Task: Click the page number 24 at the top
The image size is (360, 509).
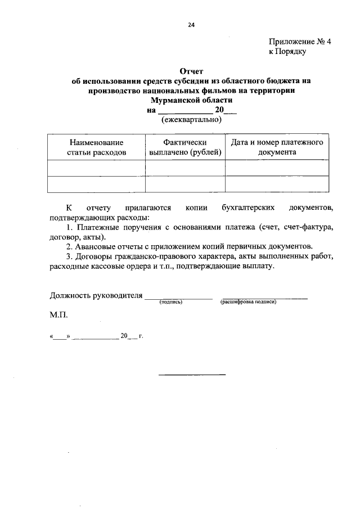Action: tap(191, 25)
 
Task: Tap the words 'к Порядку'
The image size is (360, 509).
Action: tap(287, 52)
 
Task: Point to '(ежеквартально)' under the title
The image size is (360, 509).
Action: tap(191, 120)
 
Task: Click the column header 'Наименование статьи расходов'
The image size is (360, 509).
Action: tap(97, 147)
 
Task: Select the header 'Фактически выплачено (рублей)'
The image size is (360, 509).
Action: tap(186, 147)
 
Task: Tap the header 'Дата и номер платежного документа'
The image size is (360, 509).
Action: tap(277, 147)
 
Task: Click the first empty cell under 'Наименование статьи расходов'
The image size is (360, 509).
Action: tap(97, 168)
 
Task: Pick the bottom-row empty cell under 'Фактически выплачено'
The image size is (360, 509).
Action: tap(186, 184)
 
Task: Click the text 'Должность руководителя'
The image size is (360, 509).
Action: tap(96, 295)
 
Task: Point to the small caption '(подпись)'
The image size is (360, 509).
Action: tap(172, 302)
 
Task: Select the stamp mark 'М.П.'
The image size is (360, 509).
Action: tap(58, 316)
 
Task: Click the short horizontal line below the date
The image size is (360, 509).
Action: tap(191, 374)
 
